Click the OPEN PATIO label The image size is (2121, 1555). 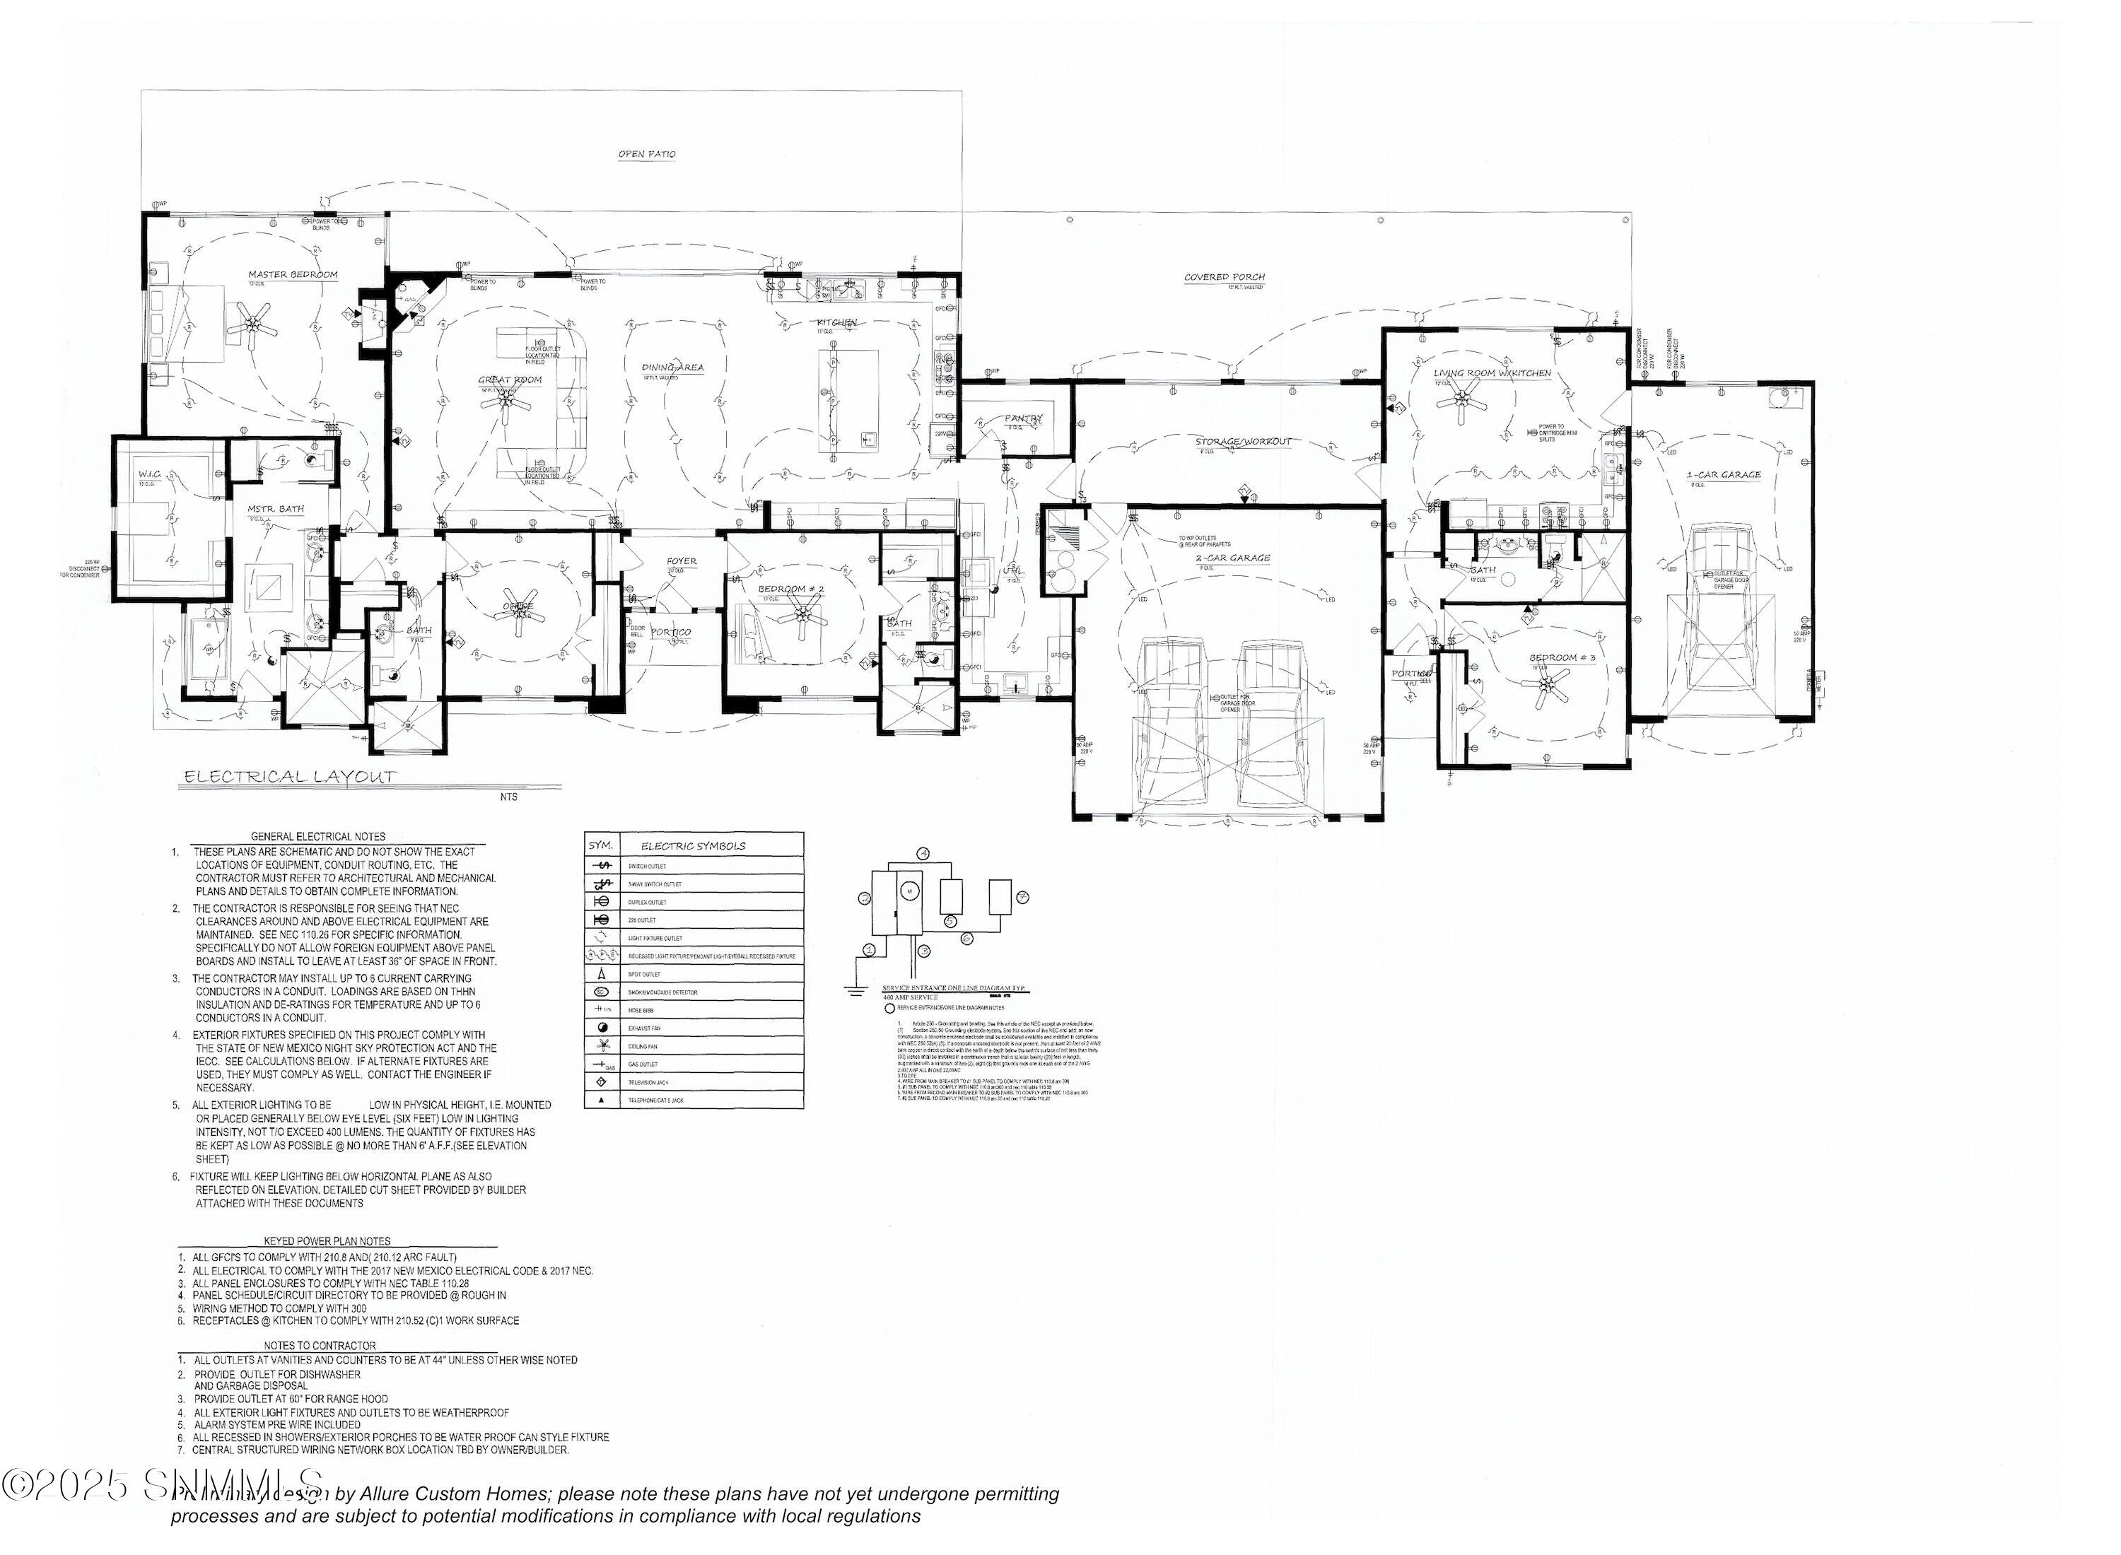[647, 154]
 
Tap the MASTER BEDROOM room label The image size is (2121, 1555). [292, 275]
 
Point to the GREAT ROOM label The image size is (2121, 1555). [510, 380]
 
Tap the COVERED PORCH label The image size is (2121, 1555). [1224, 278]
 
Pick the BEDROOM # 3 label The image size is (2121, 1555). [1562, 658]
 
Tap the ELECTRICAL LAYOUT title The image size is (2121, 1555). [290, 777]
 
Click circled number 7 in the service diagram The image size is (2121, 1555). [1022, 896]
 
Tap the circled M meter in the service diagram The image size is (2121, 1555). [909, 889]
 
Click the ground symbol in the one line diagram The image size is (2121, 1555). [855, 988]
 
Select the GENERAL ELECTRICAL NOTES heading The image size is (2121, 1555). [317, 836]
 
